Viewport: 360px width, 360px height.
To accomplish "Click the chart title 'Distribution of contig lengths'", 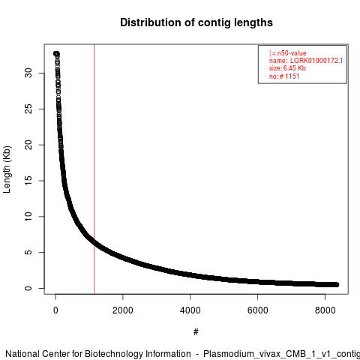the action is [x=196, y=22].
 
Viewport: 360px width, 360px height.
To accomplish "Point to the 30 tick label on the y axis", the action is [x=28, y=73].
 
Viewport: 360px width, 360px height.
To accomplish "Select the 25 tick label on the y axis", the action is [x=28, y=109].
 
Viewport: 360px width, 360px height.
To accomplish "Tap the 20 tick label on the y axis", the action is [x=28, y=145].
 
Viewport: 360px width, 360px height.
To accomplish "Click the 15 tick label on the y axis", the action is [x=28, y=181].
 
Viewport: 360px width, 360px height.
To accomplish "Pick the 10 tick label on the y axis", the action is [x=28, y=217].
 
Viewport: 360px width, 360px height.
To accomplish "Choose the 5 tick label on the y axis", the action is [x=28, y=252].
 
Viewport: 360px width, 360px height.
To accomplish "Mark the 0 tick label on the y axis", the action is [x=28, y=288].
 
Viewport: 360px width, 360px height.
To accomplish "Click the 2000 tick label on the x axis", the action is [x=123, y=310].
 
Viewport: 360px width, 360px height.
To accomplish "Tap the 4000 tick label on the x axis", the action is [x=190, y=310].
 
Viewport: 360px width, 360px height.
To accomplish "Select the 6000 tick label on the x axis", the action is [x=257, y=310].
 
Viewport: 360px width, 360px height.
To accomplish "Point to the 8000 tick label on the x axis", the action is [x=325, y=310].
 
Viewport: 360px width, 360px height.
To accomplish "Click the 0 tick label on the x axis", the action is [x=55, y=310].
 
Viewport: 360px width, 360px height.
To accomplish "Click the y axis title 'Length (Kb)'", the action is [x=7, y=169].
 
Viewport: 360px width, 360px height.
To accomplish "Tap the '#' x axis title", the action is [x=196, y=332].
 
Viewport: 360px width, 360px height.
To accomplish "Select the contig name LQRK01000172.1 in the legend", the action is [x=316, y=61].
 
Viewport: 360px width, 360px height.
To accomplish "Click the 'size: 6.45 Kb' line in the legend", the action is [x=287, y=68].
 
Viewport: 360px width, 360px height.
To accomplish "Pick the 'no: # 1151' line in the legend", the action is [x=284, y=76].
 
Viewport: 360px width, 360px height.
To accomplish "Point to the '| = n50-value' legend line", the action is [x=288, y=53].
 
